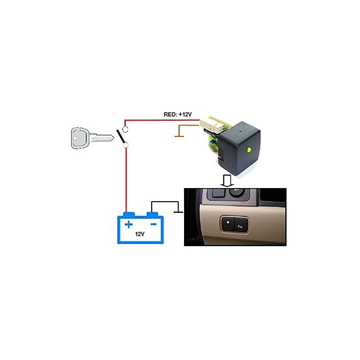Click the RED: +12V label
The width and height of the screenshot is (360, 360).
click(178, 114)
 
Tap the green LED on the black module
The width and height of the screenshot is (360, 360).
click(249, 150)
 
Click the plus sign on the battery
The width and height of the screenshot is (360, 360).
click(129, 224)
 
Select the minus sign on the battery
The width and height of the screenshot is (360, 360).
click(153, 224)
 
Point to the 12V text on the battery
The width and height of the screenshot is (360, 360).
click(139, 234)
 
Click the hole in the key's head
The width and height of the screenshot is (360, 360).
click(75, 138)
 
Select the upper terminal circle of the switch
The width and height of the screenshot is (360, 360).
click(125, 130)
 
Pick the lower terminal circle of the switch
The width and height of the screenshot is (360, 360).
click(126, 145)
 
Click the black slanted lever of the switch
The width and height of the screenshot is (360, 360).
click(121, 137)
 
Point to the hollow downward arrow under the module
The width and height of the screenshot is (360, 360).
click(227, 181)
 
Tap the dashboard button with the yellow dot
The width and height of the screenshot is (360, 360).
click(228, 223)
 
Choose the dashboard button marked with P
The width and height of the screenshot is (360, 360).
click(241, 225)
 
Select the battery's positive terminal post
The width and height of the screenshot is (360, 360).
click(129, 215)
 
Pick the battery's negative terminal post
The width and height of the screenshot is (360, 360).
click(152, 215)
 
